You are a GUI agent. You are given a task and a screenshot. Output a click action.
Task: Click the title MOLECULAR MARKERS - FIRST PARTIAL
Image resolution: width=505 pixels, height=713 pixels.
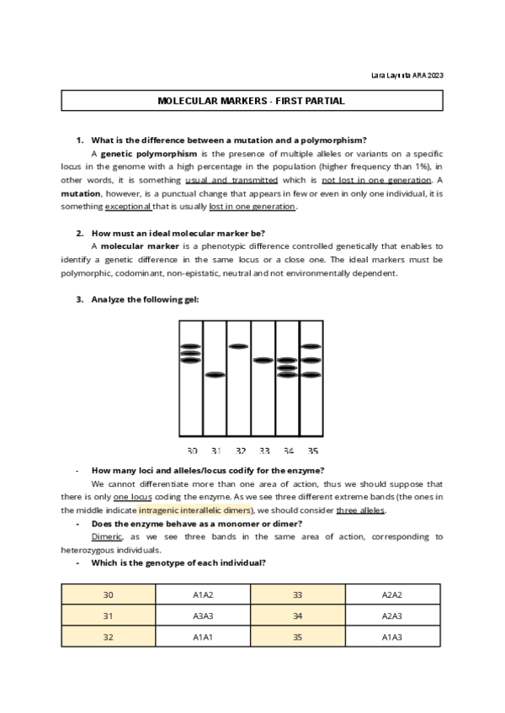(x=252, y=101)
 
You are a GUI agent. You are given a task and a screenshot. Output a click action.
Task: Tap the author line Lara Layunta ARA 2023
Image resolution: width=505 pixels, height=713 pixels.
(x=407, y=76)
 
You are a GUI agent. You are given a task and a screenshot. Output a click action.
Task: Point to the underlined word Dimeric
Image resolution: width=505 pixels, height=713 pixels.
(x=107, y=536)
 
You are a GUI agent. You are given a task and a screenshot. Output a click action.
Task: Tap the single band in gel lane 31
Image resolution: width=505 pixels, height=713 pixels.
(x=215, y=374)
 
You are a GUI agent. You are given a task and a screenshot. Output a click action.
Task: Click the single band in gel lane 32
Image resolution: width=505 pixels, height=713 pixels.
(x=239, y=346)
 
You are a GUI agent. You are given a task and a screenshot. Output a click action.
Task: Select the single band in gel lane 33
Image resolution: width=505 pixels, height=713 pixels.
(x=263, y=360)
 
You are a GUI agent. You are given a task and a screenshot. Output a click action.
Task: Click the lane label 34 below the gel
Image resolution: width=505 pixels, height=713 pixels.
(x=289, y=452)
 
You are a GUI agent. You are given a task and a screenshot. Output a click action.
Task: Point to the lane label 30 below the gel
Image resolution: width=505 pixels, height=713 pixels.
(x=192, y=452)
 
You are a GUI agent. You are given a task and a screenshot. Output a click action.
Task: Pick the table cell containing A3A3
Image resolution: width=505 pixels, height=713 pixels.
(x=203, y=615)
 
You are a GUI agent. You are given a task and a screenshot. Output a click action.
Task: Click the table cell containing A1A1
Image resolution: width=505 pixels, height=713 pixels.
(x=203, y=636)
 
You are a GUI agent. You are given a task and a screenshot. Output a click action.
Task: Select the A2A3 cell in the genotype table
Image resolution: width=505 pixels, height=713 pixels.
(x=392, y=615)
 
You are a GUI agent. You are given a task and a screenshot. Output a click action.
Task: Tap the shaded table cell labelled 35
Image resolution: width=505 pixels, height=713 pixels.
(x=298, y=636)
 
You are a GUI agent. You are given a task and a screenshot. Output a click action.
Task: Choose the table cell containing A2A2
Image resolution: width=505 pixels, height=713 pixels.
(x=392, y=594)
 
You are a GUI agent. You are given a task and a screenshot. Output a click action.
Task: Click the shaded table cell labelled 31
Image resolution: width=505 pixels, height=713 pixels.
(x=109, y=615)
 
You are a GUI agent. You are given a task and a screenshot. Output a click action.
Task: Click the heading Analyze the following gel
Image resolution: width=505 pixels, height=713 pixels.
(x=145, y=299)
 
